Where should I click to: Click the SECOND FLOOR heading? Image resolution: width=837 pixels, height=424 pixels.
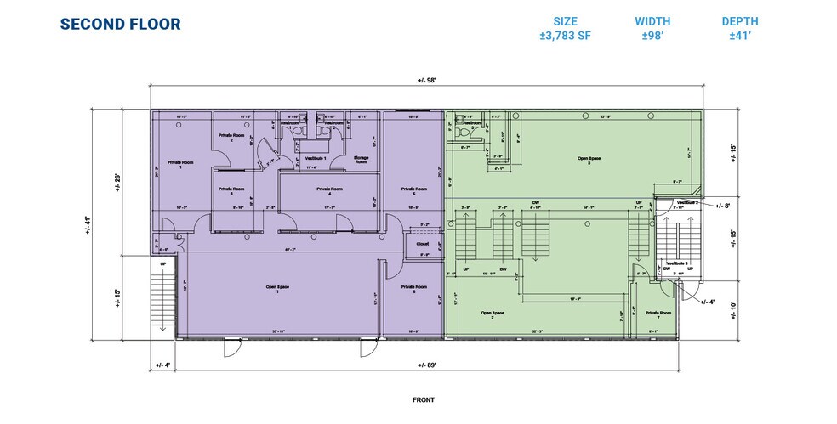pos(120,24)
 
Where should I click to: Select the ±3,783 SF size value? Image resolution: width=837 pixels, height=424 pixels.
pos(565,37)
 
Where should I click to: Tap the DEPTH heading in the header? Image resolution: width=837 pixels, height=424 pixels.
pos(740,21)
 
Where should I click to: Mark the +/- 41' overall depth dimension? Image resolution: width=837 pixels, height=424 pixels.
pos(91,229)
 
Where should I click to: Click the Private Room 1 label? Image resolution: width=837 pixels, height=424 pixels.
pos(179,163)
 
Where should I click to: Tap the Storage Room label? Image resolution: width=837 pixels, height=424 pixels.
pos(361,159)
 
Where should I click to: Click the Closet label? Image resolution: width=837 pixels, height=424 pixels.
pos(422,243)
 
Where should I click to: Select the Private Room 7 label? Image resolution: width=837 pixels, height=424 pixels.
pos(658,314)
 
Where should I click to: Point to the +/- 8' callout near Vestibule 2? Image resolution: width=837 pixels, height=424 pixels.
pos(723,206)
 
